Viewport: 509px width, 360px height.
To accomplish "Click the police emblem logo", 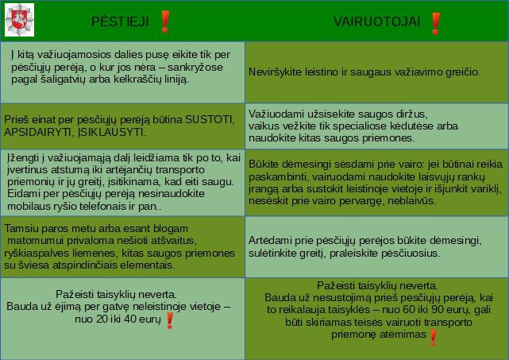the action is point(20,20).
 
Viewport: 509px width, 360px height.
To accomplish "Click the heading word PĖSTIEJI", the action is point(120,21).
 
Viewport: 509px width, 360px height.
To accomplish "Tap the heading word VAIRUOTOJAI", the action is point(377,21).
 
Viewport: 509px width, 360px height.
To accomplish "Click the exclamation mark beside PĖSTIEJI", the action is point(165,21).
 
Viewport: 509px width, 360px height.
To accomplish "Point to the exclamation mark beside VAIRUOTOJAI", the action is point(436,23).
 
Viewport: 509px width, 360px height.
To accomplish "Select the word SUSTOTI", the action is point(210,120).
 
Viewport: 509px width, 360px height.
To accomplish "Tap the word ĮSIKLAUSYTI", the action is point(112,132).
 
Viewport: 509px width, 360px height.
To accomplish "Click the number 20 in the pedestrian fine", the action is point(102,319).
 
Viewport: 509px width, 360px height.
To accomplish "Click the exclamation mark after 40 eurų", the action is point(169,321).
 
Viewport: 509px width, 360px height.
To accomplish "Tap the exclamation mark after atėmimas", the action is point(433,338).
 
